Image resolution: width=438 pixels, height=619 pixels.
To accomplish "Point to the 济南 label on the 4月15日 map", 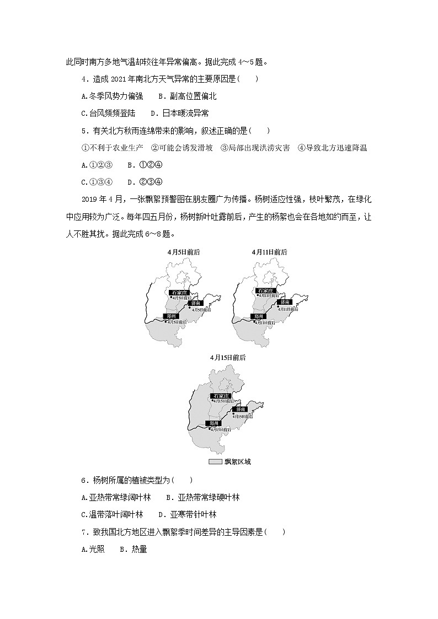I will tap(241, 410).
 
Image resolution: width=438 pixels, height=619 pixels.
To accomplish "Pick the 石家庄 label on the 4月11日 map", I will tap(266, 290).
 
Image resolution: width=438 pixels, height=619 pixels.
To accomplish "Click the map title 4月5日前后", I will tap(184, 252).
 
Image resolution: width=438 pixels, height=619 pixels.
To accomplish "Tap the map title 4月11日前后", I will tap(270, 252).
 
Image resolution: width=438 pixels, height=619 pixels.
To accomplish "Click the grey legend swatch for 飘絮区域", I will tap(215, 462).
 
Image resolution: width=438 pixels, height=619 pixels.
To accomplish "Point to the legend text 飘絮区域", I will tap(238, 462).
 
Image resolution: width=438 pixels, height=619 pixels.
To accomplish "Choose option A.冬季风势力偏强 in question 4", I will tap(112, 96).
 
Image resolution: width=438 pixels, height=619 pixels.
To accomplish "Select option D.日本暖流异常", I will tap(180, 114).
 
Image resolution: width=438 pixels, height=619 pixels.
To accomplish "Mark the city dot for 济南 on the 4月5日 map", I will tap(189, 307).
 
